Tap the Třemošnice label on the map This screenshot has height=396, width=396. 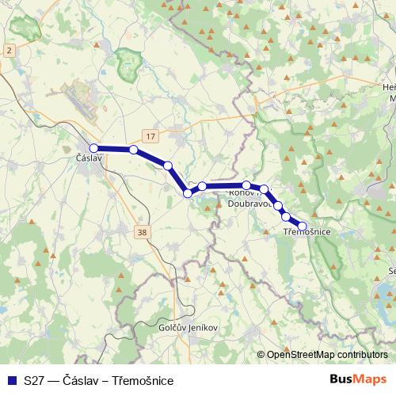click(307, 232)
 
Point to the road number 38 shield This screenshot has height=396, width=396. click(142, 232)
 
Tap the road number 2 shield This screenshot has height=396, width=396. click(9, 50)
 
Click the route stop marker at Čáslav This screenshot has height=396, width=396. click(93, 148)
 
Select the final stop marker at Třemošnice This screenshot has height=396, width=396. click(302, 226)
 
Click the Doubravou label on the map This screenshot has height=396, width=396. click(249, 203)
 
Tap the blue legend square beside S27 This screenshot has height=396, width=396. click(10, 381)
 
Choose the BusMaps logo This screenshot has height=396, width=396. click(358, 380)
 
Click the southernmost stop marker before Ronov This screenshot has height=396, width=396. click(188, 192)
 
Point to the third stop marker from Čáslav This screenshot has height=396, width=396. click(168, 166)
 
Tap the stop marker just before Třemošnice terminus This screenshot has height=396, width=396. click(285, 215)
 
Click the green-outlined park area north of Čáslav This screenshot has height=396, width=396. click(127, 65)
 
